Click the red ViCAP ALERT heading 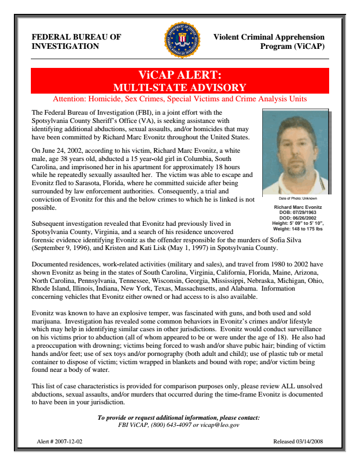point(180,76)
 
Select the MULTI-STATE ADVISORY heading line point(180,87)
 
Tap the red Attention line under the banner point(180,99)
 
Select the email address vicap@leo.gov point(221,425)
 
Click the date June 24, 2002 point(63,151)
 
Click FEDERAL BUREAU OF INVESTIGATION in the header point(77,42)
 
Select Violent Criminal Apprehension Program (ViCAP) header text point(269,42)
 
